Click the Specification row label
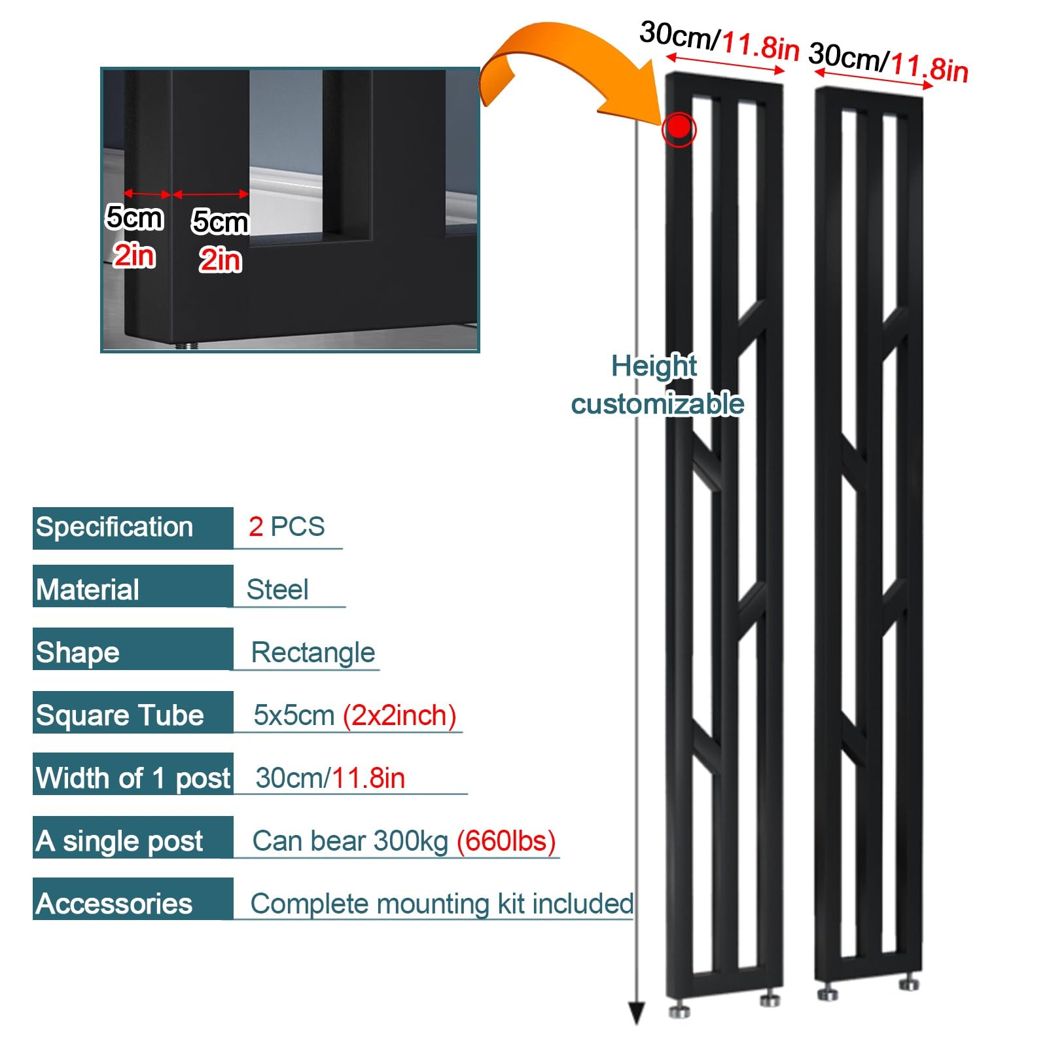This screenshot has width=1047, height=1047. click(115, 527)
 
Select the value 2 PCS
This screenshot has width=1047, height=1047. click(287, 527)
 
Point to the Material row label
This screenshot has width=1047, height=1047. click(88, 590)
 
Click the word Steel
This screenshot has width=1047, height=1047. click(277, 590)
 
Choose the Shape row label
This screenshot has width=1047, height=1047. click(78, 652)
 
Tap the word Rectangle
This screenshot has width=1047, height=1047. click(313, 652)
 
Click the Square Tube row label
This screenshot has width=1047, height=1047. click(120, 715)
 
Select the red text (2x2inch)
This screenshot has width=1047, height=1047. click(400, 715)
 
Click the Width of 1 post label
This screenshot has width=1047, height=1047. click(133, 778)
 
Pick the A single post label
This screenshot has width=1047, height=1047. click(120, 841)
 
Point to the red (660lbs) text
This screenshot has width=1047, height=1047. click(506, 841)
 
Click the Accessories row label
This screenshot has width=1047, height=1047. click(115, 904)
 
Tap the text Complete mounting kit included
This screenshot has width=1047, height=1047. click(442, 904)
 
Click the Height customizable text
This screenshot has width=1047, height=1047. click(657, 385)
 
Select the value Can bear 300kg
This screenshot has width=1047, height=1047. click(351, 841)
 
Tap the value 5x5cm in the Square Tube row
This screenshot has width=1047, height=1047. click(294, 715)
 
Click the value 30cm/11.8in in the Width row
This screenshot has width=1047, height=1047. click(330, 778)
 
